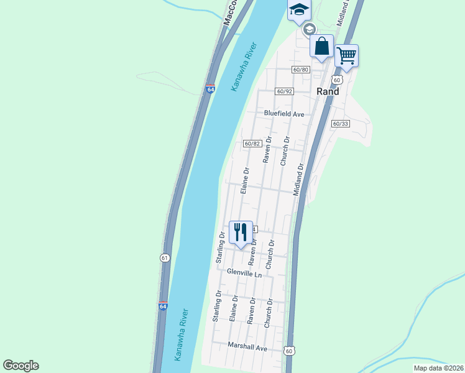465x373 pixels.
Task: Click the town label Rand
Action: (328, 91)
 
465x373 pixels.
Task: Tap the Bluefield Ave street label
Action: (283, 114)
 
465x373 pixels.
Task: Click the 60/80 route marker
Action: (301, 70)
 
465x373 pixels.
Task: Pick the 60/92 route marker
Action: (285, 91)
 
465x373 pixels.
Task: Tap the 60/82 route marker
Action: (252, 144)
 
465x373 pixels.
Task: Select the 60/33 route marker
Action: (340, 124)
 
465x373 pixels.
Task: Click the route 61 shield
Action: (164, 257)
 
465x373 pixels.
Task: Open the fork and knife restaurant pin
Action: (241, 233)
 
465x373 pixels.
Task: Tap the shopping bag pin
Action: (321, 46)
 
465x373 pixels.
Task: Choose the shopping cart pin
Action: (346, 55)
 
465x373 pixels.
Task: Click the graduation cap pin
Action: (298, 9)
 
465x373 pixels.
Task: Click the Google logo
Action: (21, 366)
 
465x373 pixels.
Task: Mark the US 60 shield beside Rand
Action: (337, 80)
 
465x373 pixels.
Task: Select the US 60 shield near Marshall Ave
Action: (290, 351)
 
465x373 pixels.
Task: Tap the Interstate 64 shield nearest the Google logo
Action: (163, 306)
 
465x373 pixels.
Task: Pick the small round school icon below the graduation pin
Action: (309, 29)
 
